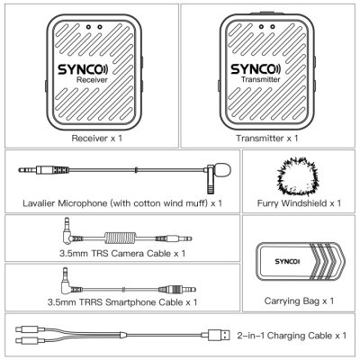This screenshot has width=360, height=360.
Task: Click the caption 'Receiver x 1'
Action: pyautogui.click(x=90, y=140)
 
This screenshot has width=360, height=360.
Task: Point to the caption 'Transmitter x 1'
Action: pyautogui.click(x=267, y=140)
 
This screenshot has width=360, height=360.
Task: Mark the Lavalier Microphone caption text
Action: pyautogui.click(x=121, y=204)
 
